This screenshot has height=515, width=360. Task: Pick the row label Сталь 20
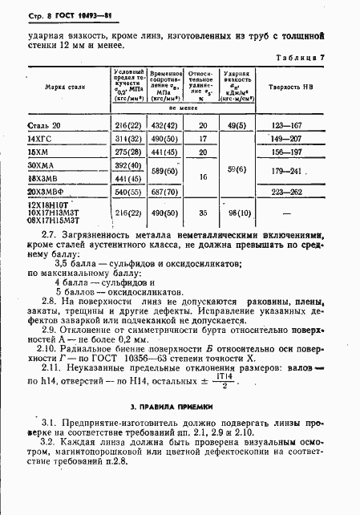pyautogui.click(x=43, y=125)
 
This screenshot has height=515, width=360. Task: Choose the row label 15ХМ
pyautogui.click(x=38, y=150)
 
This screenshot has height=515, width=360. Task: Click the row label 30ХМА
pyautogui.click(x=40, y=163)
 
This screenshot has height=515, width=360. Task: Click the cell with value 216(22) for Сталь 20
pyautogui.click(x=127, y=125)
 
